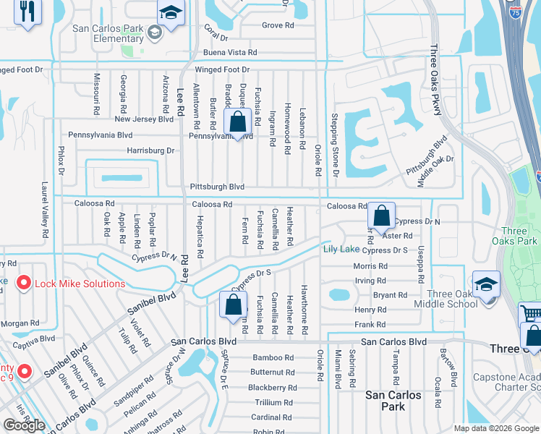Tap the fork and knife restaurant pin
(x=28, y=12)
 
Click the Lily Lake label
(x=341, y=250)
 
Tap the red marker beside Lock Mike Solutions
(x=24, y=284)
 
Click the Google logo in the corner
(x=24, y=425)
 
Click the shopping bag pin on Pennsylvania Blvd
(x=238, y=122)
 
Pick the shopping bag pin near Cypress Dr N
(x=381, y=216)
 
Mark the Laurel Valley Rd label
(x=45, y=210)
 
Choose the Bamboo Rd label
(x=273, y=357)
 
